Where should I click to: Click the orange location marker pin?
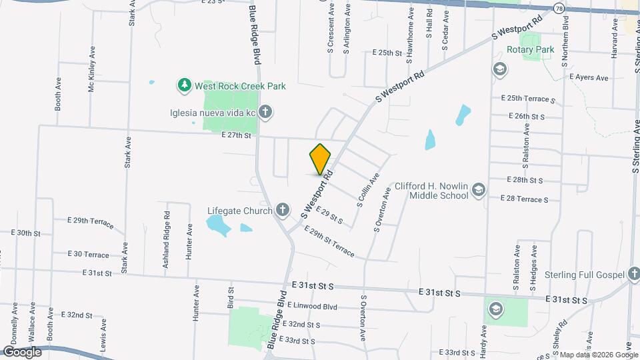click(321, 159)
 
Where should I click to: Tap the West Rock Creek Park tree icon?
click(184, 85)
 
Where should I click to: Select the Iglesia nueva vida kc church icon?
click(265, 111)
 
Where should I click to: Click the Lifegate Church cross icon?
click(283, 211)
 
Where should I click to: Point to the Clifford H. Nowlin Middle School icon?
click(478, 191)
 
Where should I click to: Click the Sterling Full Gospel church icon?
click(635, 275)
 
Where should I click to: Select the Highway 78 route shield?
click(558, 7)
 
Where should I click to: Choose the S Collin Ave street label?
click(368, 191)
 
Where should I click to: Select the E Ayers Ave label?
click(589, 78)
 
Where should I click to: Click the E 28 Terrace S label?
click(525, 199)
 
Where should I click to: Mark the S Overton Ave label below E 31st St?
click(363, 321)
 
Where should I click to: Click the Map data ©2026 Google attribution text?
click(598, 355)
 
